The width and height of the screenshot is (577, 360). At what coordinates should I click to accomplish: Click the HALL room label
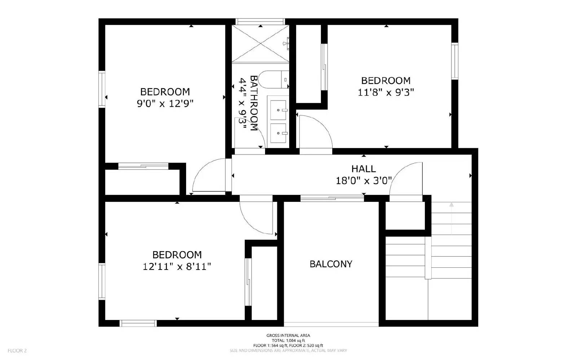click(364, 169)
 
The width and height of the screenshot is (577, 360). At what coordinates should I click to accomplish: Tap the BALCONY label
click(331, 264)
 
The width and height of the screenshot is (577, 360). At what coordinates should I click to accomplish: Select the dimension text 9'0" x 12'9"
click(165, 104)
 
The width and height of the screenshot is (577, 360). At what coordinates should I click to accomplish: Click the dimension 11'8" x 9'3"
click(386, 93)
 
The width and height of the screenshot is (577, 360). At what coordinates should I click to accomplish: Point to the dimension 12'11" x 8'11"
click(177, 267)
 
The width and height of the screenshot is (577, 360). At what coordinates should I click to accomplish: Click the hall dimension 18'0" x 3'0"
click(364, 181)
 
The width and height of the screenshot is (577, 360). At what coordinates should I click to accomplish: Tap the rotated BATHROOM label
click(254, 103)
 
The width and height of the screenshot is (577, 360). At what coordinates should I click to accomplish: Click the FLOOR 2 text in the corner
click(17, 350)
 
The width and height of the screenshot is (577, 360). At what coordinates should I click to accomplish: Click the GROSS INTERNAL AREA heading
click(288, 335)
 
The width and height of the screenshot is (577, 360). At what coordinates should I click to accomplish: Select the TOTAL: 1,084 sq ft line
click(288, 341)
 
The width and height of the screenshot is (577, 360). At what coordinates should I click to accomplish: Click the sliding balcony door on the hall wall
click(332, 197)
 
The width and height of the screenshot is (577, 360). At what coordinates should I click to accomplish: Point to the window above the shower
click(260, 21)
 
